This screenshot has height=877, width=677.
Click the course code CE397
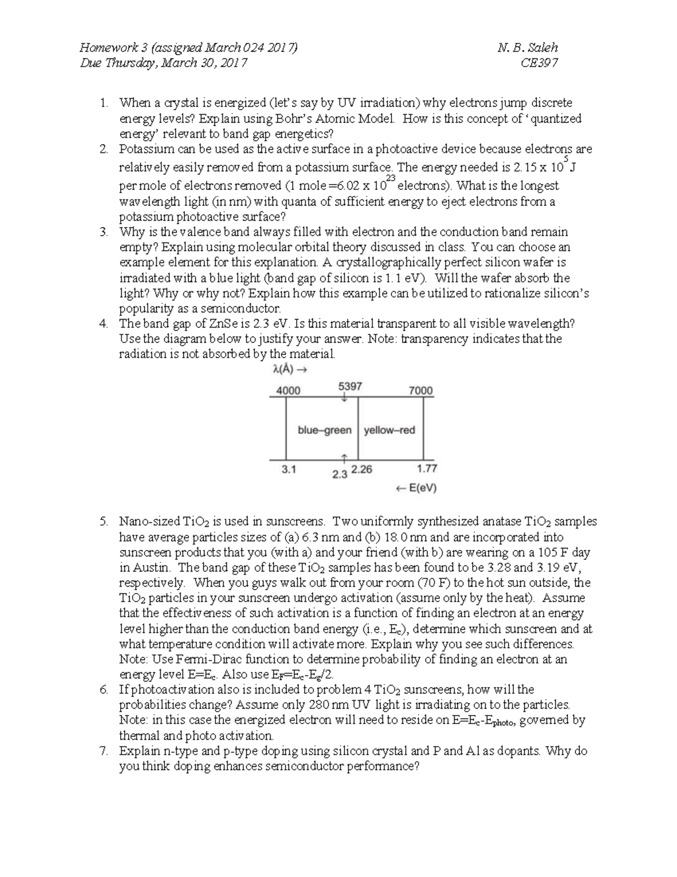tap(539, 63)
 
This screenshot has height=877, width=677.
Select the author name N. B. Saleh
tap(527, 47)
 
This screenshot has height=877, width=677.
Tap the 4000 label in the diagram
tap(288, 391)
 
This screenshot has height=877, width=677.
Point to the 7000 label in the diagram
tap(420, 391)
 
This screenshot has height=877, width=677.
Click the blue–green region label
tap(324, 430)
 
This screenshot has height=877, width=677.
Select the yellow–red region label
tap(389, 430)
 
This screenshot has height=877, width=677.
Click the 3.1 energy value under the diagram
tap(289, 469)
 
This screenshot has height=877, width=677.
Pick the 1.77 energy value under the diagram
tap(427, 468)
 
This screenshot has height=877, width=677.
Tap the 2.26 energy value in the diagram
tap(362, 469)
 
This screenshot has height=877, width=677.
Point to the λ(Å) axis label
tap(289, 370)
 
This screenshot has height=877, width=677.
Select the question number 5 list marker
tap(103, 521)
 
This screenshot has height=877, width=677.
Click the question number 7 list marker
tap(103, 751)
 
